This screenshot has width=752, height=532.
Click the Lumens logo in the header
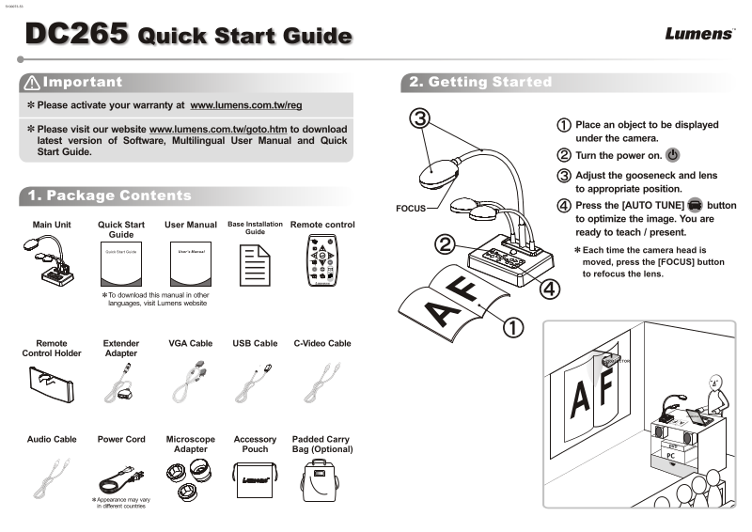(699, 34)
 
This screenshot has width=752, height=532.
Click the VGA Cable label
(190, 344)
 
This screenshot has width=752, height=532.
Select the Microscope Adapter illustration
(189, 477)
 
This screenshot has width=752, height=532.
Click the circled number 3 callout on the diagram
(420, 118)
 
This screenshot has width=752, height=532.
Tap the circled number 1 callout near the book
(512, 327)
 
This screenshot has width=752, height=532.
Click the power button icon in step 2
(672, 155)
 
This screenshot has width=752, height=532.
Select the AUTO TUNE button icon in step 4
(695, 205)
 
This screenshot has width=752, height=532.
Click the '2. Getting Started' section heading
(480, 83)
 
